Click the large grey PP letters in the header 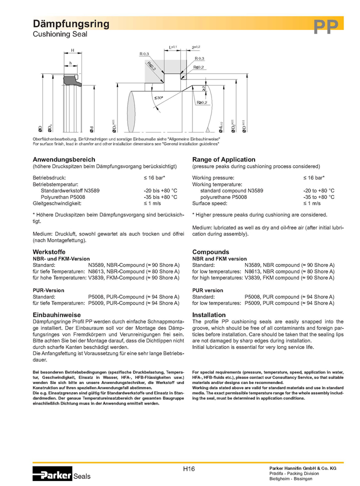click(x=325, y=26)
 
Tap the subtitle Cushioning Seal click(x=60, y=34)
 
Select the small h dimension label click(x=70, y=63)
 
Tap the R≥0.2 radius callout click(x=201, y=103)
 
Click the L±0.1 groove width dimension click(x=173, y=47)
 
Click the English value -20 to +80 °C click(x=318, y=190)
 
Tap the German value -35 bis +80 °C click(x=160, y=197)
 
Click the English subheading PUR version click(x=207, y=290)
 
